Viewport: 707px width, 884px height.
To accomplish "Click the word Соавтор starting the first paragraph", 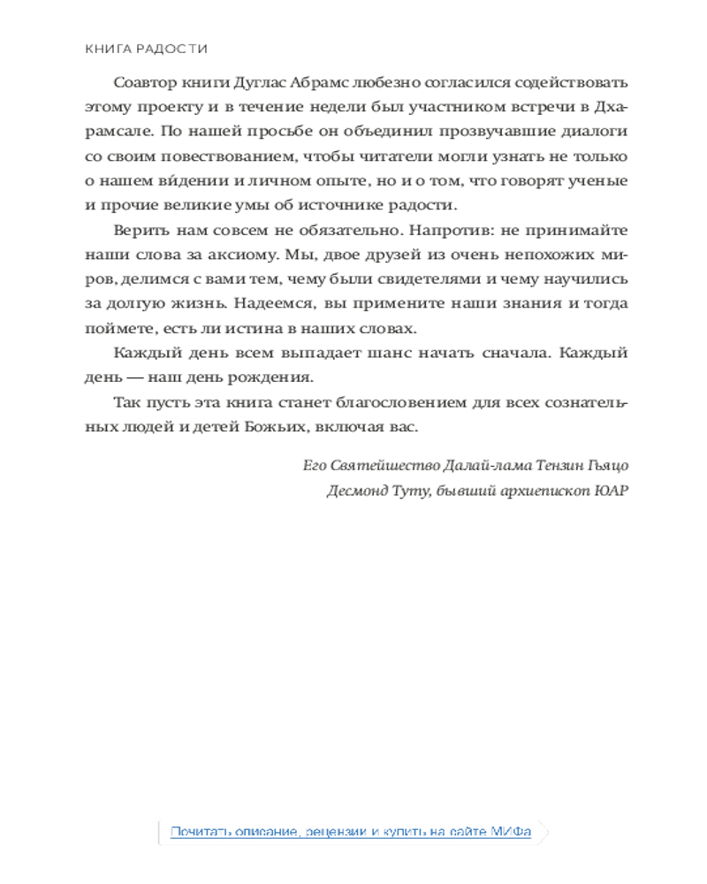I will [141, 82].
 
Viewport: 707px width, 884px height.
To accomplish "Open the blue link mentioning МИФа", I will [351, 832].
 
